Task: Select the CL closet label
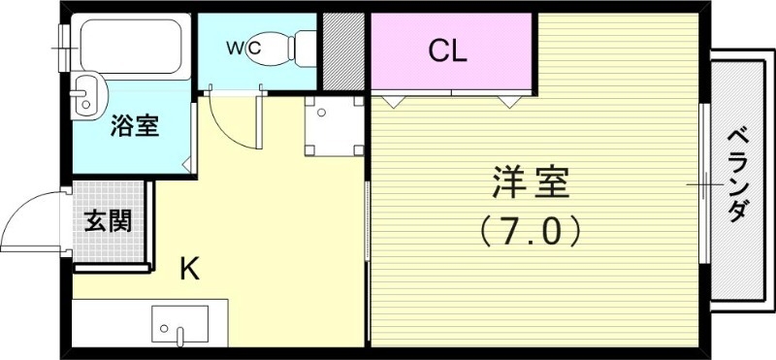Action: click(448, 50)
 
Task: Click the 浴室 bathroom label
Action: click(135, 125)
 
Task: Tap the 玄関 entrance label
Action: click(107, 222)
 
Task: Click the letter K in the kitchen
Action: click(190, 268)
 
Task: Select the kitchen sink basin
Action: click(179, 323)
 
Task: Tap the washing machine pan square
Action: click(333, 127)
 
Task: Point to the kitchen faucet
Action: click(180, 335)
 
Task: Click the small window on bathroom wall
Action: click(65, 38)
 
